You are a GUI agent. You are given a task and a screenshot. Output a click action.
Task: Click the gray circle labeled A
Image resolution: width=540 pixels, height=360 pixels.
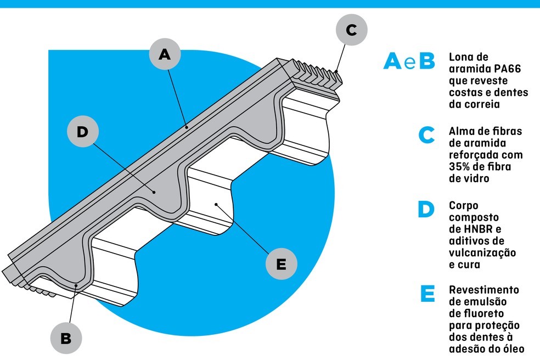tap(165, 54)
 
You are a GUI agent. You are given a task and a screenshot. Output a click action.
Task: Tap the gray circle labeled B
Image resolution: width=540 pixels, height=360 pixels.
tap(66, 338)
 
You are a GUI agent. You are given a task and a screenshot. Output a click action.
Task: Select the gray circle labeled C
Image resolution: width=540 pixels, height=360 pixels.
tap(352, 30)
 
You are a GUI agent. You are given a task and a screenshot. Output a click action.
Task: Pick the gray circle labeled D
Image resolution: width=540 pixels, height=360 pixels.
tap(83, 131)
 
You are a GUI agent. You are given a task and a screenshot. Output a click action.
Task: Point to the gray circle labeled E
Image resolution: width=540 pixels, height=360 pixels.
tap(282, 264)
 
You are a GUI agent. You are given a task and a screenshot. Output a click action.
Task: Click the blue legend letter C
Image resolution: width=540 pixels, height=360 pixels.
tap(426, 135)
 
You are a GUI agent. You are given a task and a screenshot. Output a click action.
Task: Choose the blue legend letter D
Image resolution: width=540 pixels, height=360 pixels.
tap(426, 209)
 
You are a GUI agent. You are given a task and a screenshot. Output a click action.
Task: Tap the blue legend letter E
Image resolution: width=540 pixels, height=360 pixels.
tap(428, 294)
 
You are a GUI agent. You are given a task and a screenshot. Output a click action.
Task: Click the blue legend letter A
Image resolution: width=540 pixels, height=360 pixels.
tap(392, 61)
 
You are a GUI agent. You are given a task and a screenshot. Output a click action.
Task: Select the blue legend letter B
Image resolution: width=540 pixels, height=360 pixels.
tap(427, 61)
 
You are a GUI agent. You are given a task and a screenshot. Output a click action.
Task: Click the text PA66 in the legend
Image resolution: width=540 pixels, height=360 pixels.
tap(507, 69)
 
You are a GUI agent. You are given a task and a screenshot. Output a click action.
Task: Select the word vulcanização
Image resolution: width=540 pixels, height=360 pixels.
tap(482, 253)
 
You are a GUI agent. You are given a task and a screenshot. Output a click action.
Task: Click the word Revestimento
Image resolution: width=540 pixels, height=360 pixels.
tap(484, 290)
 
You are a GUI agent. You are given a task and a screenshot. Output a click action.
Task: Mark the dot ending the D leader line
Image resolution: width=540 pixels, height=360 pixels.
tap(154, 192)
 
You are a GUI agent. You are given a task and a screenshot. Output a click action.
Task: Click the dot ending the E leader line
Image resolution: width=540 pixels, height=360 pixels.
tap(216, 204)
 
